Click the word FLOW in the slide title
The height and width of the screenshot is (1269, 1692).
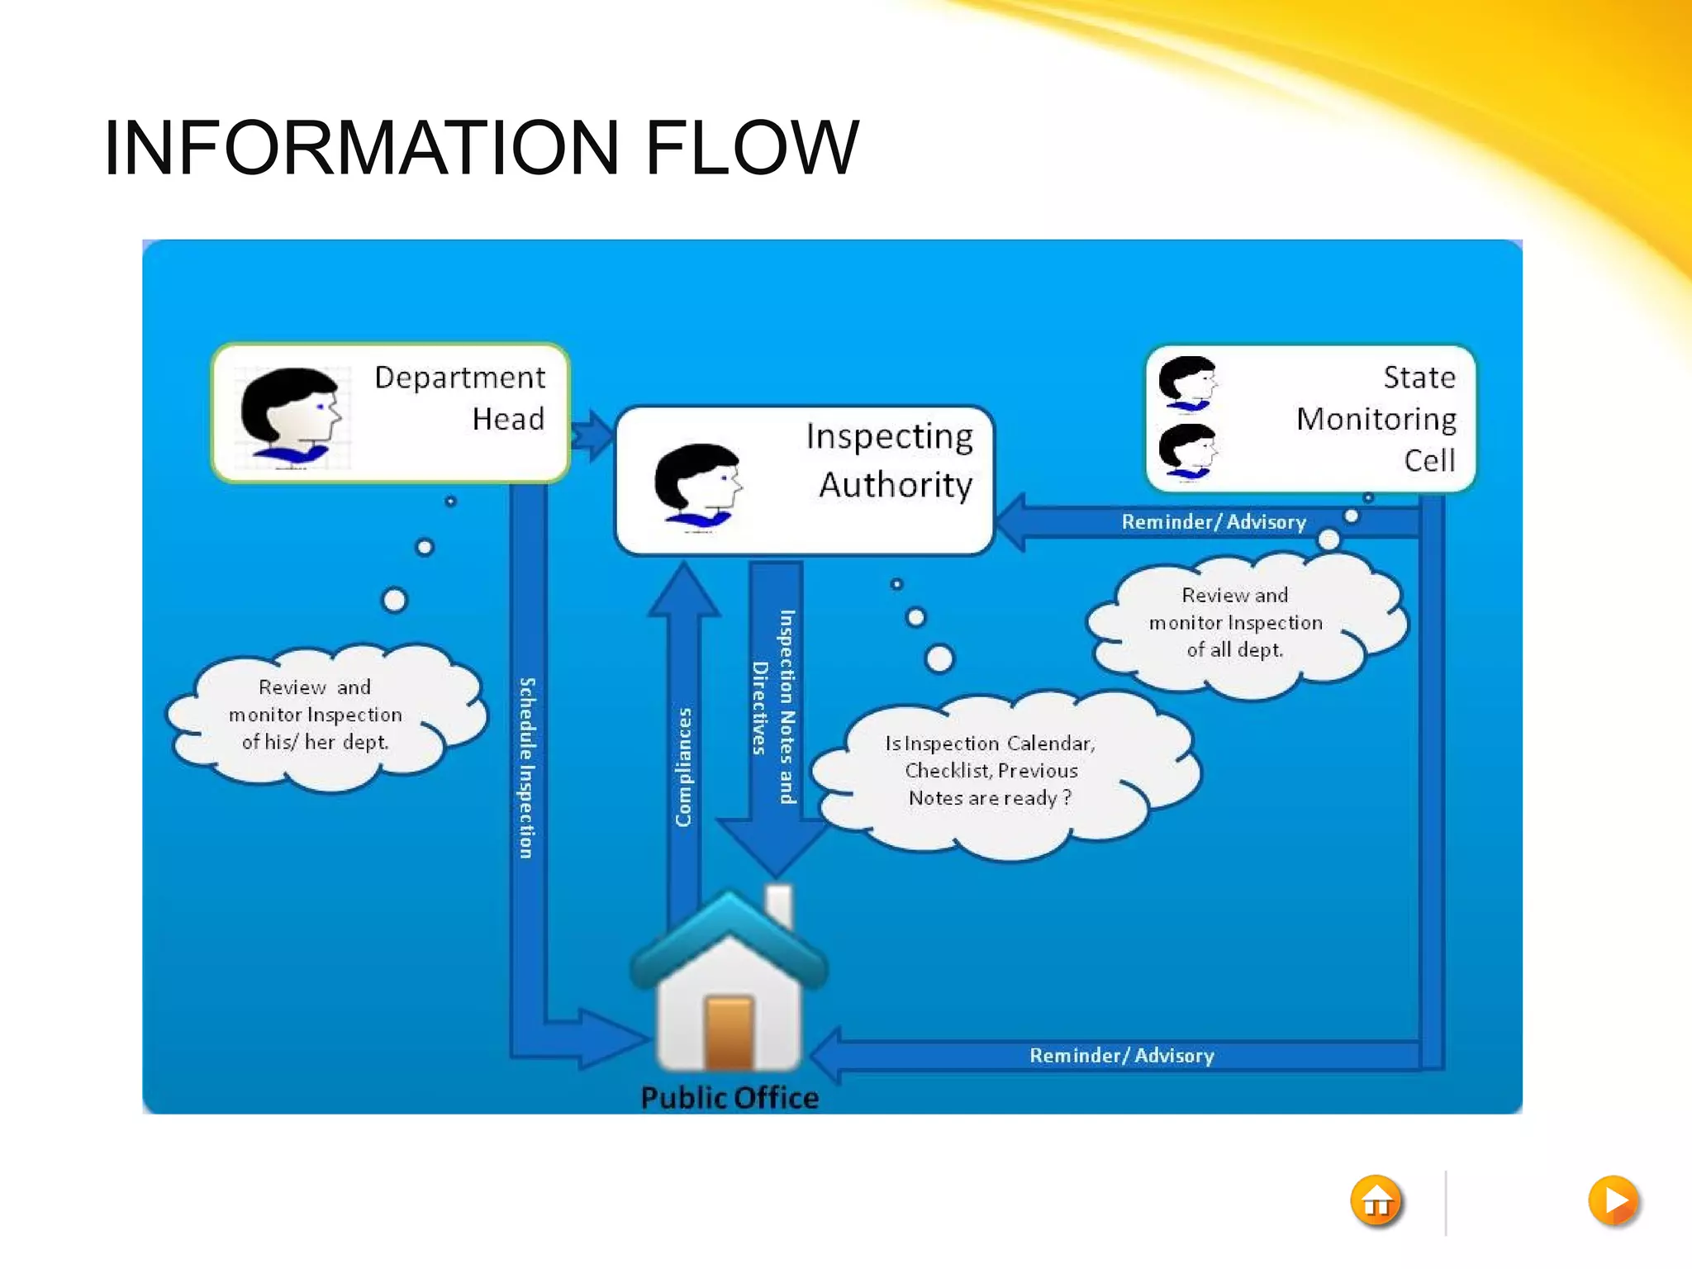pos(752,149)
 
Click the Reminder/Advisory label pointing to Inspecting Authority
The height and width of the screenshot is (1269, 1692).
pos(1214,522)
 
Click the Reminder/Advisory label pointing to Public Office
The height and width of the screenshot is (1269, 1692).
pos(1122,1055)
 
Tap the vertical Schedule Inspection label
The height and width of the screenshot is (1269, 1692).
pos(527,768)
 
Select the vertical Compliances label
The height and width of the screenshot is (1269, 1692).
pos(683,767)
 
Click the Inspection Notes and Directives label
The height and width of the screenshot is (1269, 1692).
pos(773,706)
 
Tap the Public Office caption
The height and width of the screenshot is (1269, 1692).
pos(730,1098)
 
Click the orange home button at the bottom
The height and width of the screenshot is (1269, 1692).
pos(1376,1201)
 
